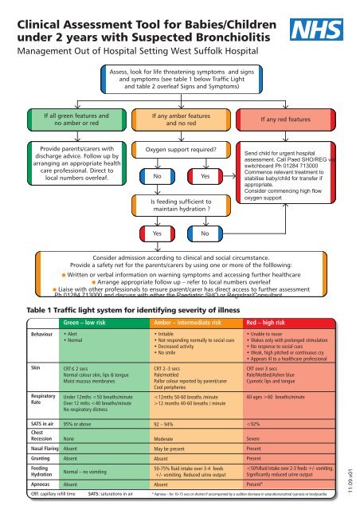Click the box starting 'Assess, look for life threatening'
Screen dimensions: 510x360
pos(179,80)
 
